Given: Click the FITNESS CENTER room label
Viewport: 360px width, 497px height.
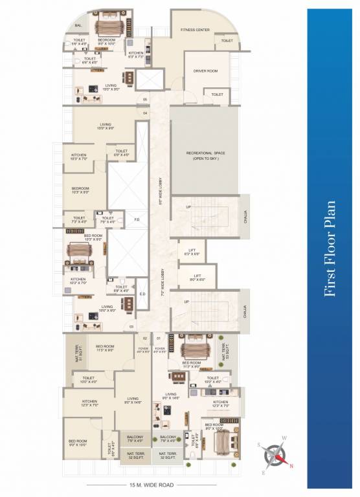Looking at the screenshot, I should point(199,30).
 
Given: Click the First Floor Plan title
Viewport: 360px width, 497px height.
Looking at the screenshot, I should point(331,249).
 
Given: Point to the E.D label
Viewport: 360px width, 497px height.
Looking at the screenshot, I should point(142,294).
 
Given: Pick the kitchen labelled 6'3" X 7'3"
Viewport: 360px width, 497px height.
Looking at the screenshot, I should point(136,55).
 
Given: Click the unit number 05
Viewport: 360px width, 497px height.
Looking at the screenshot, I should point(145,99).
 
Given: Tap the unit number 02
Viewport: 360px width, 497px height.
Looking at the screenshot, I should point(145,338).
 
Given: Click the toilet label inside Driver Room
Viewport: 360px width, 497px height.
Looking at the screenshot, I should point(218,94).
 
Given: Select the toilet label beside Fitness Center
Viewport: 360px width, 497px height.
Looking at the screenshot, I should point(227,41).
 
